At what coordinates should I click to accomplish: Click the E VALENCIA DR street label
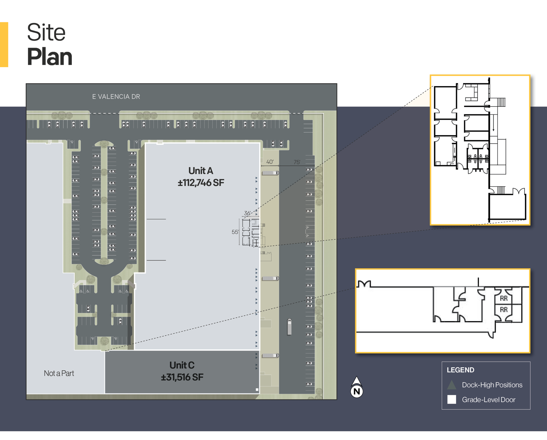116,97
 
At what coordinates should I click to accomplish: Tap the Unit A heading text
201,171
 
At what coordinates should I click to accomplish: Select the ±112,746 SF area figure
201,183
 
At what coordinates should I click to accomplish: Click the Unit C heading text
182,365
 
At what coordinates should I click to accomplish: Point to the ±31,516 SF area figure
182,377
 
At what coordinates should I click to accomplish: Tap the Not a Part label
59,373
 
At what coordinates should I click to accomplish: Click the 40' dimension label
270,162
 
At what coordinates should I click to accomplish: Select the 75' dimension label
297,162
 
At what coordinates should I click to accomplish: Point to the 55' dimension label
235,232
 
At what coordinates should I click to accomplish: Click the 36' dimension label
247,213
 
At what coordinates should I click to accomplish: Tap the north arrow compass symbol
357,388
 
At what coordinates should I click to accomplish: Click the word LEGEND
460,370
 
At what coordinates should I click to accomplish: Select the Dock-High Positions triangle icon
452,385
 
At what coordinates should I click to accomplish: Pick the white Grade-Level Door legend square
452,400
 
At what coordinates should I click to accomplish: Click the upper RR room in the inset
504,298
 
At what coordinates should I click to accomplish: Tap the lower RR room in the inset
504,310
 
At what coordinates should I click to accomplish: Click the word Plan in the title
49,57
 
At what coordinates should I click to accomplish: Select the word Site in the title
46,32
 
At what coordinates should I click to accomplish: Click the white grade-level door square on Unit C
257,390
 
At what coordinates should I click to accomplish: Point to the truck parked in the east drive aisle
289,327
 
